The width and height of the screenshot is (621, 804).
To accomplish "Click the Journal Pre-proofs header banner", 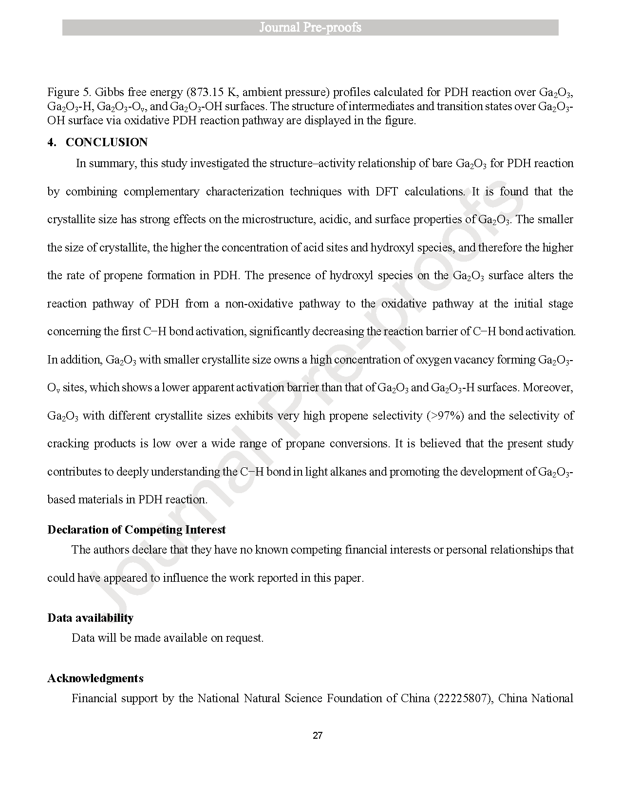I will coord(310,27).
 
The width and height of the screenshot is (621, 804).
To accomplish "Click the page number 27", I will coord(318,736).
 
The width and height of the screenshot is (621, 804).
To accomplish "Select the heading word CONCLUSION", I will coord(107,142).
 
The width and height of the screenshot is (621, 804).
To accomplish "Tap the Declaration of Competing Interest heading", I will coord(136,530).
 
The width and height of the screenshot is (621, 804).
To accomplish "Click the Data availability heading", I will coord(90,618).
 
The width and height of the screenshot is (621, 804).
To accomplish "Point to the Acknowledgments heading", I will coord(95,678).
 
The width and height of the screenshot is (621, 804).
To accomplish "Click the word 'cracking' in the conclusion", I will coord(68,444).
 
